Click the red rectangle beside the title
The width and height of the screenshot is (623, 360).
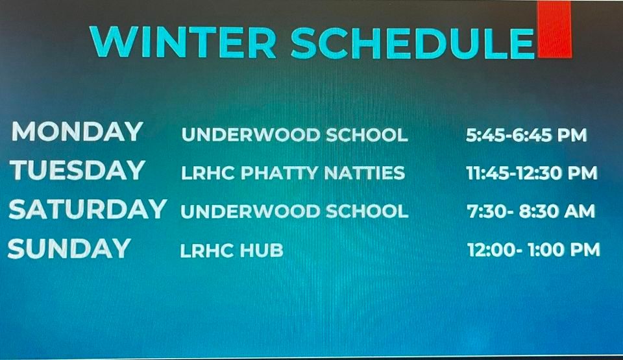[554, 29]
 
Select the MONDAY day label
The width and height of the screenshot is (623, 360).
[77, 132]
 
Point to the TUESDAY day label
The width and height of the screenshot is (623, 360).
[77, 171]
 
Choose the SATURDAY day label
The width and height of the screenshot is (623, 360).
[88, 210]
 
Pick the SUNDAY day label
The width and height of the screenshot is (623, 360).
[69, 248]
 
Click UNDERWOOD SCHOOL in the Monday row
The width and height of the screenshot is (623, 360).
[295, 135]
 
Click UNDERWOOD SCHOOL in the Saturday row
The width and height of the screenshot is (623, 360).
[295, 211]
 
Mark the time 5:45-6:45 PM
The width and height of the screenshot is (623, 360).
[526, 135]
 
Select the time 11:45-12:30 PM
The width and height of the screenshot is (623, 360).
[531, 173]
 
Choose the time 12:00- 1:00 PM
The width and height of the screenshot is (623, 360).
[533, 250]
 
